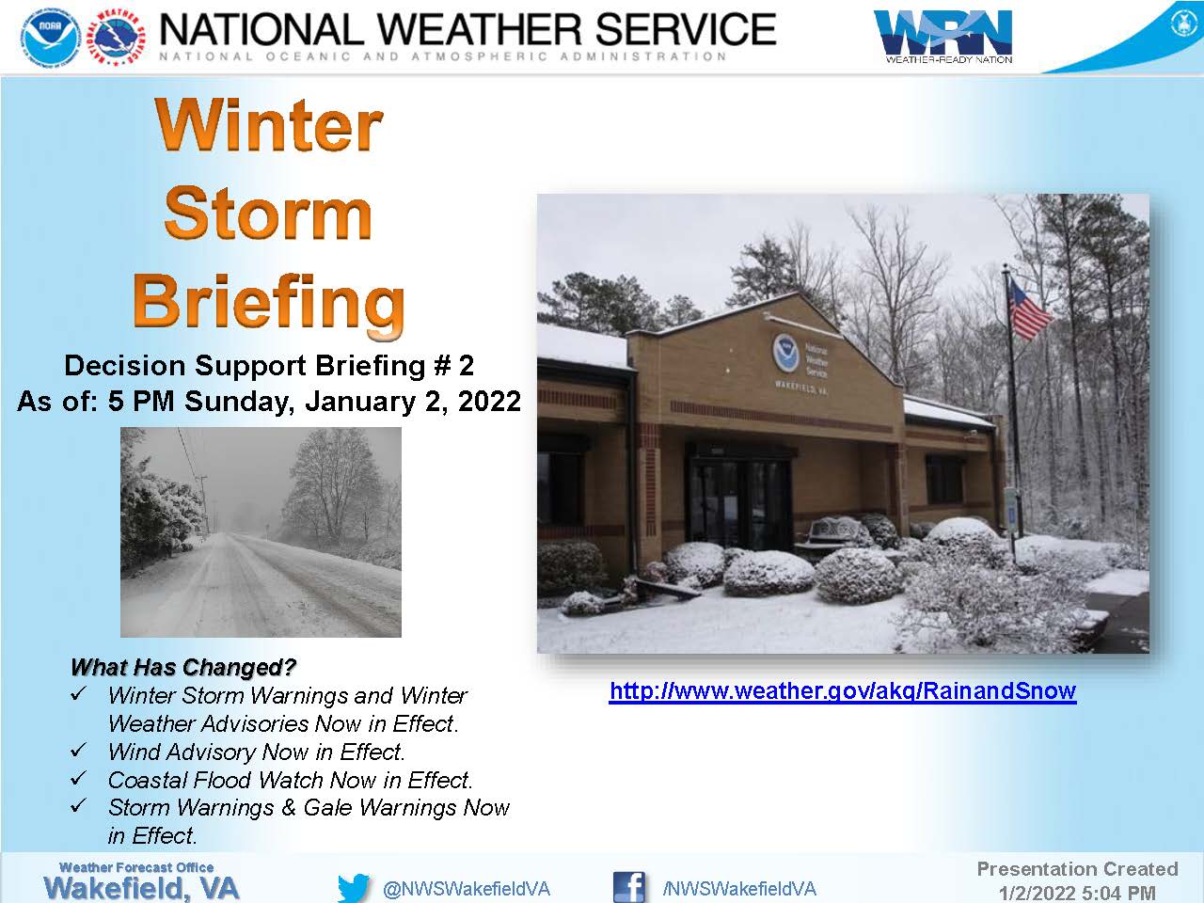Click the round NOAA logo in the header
pos(51,38)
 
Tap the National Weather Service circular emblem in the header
pos(118,38)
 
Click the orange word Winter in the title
pos(269,125)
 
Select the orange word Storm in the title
pos(268,214)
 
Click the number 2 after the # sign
pos(467,366)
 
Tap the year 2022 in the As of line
pos(489,402)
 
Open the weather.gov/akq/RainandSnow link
pos(843,690)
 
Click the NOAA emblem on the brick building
pos(786,353)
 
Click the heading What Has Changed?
pos(183,667)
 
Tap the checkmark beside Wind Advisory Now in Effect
pos(79,750)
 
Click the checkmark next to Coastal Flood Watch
pos(79,778)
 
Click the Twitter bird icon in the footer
pos(354,888)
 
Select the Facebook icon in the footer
pos(629,887)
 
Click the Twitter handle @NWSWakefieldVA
pos(467,889)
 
